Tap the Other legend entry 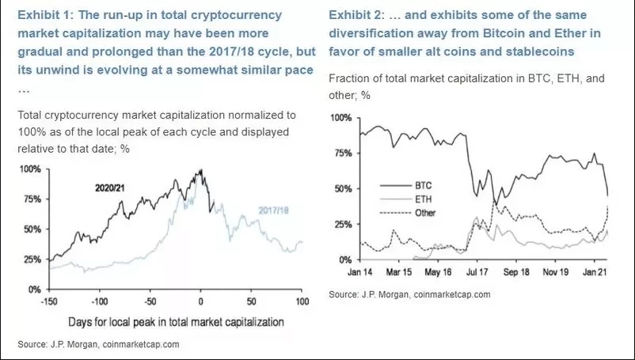425,213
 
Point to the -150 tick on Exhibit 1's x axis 49,302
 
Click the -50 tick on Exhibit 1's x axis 150,302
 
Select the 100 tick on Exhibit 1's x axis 302,302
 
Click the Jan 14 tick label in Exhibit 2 360,273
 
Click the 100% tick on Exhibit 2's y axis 340,117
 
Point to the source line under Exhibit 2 409,294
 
